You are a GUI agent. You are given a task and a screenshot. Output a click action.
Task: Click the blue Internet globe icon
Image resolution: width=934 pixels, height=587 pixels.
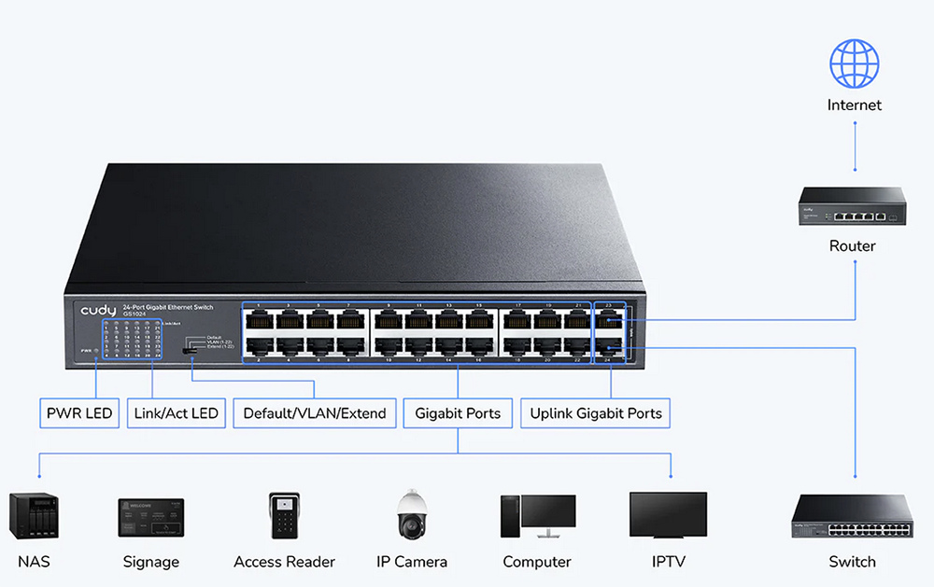click(x=855, y=63)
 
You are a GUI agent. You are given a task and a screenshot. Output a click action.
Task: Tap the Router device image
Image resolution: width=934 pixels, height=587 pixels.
click(x=852, y=206)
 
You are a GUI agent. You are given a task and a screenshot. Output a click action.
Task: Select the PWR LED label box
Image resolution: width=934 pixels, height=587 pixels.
click(x=79, y=413)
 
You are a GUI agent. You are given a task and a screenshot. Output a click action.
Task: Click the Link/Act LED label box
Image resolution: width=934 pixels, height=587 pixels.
click(x=177, y=413)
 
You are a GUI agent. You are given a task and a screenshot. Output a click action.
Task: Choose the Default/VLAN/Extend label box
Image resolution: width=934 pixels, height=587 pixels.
click(x=314, y=413)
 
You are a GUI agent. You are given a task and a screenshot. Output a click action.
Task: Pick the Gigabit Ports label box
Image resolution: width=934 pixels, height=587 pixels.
click(x=458, y=413)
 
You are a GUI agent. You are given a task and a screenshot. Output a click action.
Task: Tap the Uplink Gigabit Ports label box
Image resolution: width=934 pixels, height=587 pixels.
click(x=596, y=413)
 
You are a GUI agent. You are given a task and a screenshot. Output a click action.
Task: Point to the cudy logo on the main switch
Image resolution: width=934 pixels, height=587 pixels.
click(x=97, y=309)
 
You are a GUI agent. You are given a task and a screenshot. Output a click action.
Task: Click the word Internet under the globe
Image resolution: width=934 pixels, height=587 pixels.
click(x=855, y=105)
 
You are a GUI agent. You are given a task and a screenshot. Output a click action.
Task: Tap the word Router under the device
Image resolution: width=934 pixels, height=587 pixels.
click(x=852, y=246)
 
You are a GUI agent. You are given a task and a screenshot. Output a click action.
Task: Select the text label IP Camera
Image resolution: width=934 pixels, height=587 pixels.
click(x=412, y=562)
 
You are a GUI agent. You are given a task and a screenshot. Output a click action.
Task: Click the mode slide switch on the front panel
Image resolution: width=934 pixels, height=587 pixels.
click(x=189, y=352)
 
